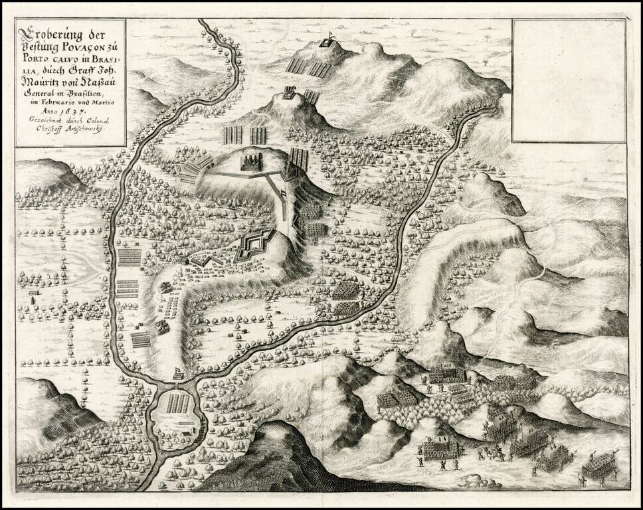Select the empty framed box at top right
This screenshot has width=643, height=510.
[x=569, y=80]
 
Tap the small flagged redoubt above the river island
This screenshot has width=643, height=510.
[x=177, y=374]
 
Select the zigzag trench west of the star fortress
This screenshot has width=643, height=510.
[x=206, y=260]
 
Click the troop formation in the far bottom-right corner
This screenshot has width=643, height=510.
[x=598, y=466]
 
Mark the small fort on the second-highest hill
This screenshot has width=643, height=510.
[x=289, y=93]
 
